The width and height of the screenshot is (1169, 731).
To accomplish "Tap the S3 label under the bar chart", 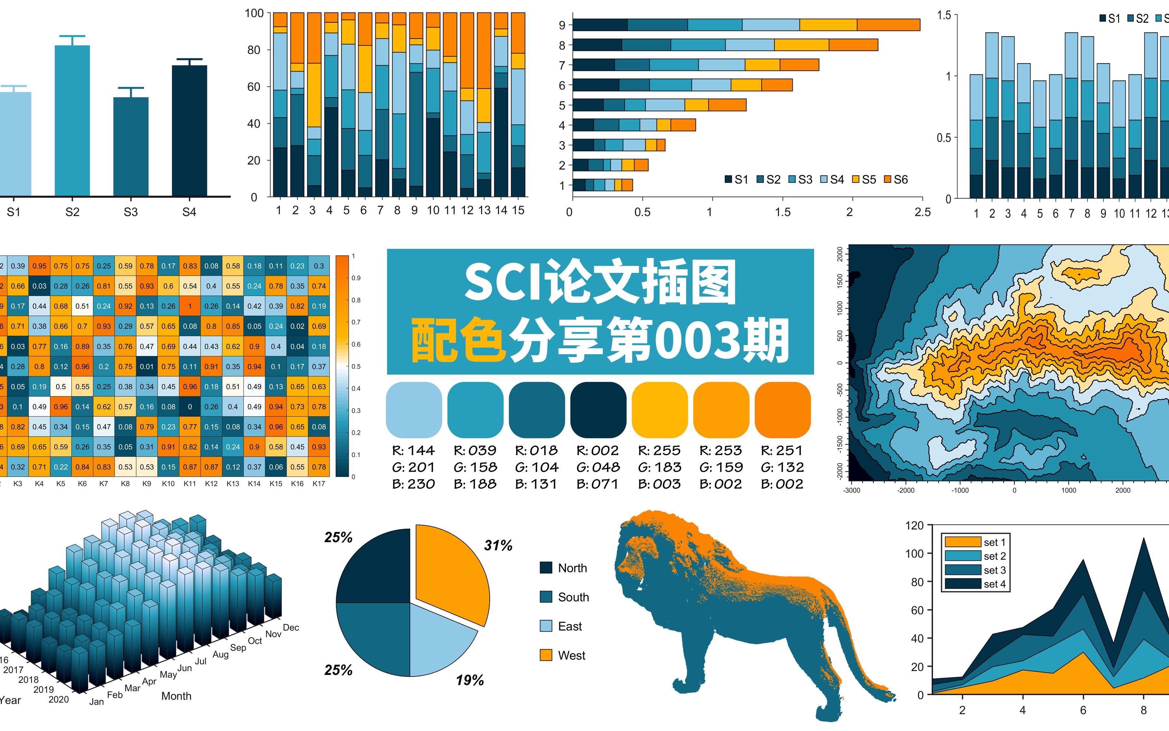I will (x=131, y=212).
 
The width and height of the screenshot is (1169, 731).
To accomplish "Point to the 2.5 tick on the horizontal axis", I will (x=922, y=212).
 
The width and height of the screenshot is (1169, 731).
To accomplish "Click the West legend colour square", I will (x=546, y=655).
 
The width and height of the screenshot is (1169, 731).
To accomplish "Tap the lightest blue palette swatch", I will (x=414, y=409).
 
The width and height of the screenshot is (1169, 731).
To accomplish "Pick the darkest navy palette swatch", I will (x=598, y=409).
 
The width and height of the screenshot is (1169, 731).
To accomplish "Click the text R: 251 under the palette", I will (x=782, y=451).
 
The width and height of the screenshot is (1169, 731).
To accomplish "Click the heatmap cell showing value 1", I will (x=190, y=306).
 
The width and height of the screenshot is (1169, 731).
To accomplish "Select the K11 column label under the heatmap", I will (x=190, y=483).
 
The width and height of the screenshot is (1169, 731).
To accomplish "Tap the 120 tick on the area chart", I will (x=914, y=526).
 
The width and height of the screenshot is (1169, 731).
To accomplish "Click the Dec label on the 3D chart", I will (x=291, y=628).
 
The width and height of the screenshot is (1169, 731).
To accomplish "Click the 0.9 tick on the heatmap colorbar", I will (x=356, y=278).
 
